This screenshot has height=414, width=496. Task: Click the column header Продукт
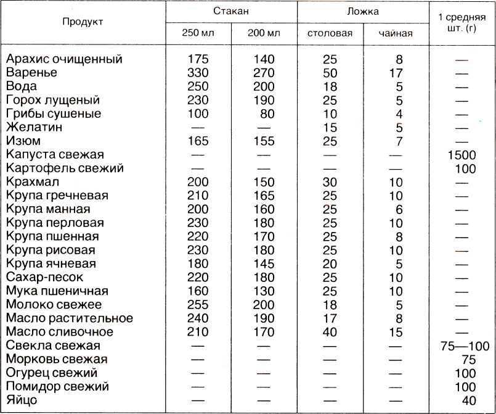pyautogui.click(x=83, y=22)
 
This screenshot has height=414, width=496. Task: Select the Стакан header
pyautogui.click(x=231, y=11)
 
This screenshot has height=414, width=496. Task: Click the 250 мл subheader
pyautogui.click(x=198, y=33)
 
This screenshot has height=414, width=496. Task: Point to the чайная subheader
pyautogui.click(x=396, y=33)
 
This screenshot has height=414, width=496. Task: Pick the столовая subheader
pyautogui.click(x=330, y=33)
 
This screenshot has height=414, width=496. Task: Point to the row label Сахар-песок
pyautogui.click(x=44, y=277)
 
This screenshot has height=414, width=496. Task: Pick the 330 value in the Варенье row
pyautogui.click(x=198, y=73)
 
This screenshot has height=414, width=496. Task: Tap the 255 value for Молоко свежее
pyautogui.click(x=198, y=304)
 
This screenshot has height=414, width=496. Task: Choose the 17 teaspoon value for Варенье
pyautogui.click(x=396, y=73)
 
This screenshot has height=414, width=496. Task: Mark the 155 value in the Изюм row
pyautogui.click(x=264, y=141)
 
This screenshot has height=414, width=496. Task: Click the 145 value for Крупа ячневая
pyautogui.click(x=264, y=263)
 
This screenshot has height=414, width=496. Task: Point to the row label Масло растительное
pyautogui.click(x=68, y=318)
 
